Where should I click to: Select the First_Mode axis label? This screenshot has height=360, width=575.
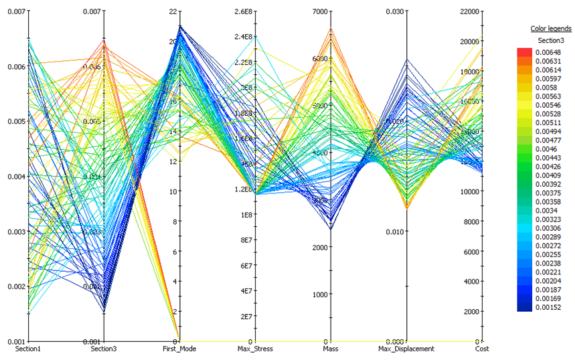click(180, 349)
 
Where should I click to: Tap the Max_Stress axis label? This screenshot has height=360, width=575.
click(254, 349)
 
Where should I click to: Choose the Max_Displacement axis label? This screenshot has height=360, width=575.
click(406, 349)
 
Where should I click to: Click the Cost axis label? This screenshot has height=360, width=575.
click(482, 349)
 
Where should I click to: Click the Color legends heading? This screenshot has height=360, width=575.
click(551, 29)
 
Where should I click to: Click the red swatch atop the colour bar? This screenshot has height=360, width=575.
click(525, 52)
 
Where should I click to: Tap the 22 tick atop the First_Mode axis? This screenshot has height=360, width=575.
click(173, 11)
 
